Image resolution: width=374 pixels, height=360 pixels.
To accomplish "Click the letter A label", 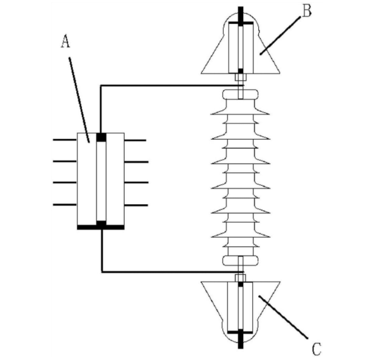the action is (66, 41).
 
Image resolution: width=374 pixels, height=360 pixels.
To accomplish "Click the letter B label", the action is (307, 11).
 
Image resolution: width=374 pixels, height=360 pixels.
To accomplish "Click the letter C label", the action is (317, 349).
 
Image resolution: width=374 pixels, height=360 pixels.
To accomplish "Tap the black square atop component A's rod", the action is (101, 137).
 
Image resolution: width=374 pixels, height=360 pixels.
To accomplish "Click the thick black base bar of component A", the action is (101, 227).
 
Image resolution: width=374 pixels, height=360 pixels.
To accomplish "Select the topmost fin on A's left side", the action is (65, 140).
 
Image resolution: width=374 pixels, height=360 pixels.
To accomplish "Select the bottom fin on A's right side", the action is (136, 205).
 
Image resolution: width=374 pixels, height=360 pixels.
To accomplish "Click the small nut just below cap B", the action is (240, 77).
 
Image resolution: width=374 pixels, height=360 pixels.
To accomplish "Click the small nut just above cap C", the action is (240, 278).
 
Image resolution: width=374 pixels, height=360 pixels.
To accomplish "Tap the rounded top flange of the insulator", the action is (240, 94).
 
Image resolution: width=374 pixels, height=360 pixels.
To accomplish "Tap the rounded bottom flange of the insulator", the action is (240, 260).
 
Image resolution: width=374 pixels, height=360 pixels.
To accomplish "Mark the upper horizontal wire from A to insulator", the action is (172, 85).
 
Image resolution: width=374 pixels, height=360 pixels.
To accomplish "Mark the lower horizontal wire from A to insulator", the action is (173, 272).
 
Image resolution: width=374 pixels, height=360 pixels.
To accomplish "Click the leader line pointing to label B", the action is (280, 36).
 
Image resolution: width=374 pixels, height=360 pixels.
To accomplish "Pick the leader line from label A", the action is (79, 100).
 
